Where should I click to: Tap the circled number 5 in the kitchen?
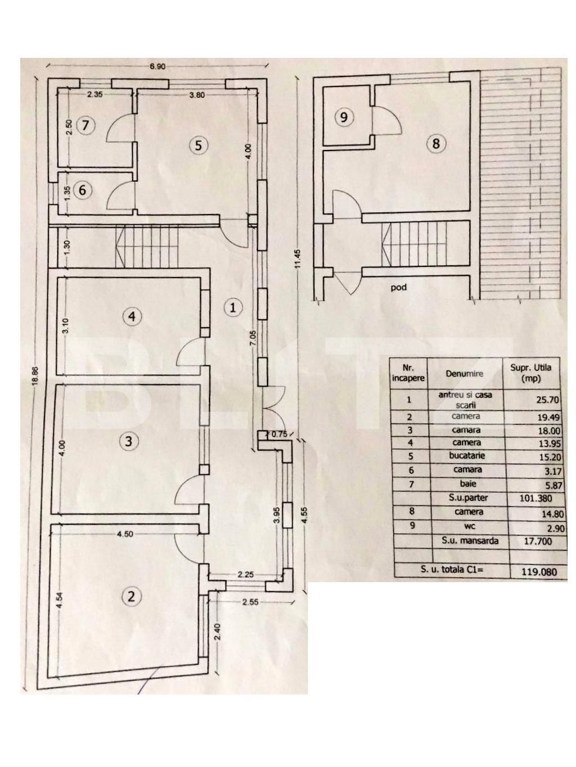198,146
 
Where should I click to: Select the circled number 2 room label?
131,596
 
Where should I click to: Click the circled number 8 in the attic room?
436,143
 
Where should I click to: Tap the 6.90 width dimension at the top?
157,66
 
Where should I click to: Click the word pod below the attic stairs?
398,287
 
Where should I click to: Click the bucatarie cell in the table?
466,456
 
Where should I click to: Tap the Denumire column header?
464,374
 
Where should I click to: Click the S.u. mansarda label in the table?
466,541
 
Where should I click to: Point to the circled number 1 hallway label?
233,307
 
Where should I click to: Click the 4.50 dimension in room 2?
125,534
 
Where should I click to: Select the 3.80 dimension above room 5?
197,95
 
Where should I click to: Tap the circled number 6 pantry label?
83,190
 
